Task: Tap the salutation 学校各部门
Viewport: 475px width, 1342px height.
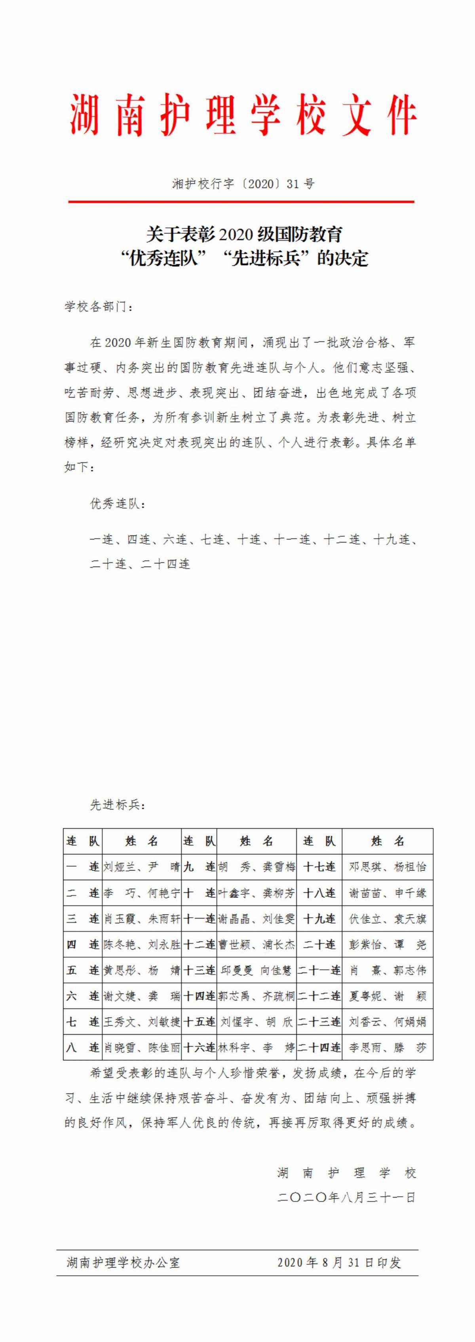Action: coord(99,306)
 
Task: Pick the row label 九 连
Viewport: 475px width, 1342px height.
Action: coord(199,867)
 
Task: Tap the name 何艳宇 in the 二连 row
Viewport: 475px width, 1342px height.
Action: coord(164,893)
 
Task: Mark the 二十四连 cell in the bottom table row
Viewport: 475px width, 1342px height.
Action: coord(319,1048)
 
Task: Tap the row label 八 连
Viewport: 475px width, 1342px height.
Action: coord(82,1048)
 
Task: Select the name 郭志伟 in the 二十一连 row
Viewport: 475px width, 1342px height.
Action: coord(410,970)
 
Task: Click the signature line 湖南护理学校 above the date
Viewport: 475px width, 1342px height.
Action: coord(347,1173)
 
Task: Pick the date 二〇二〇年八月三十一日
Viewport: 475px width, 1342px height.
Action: coord(347,1197)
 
